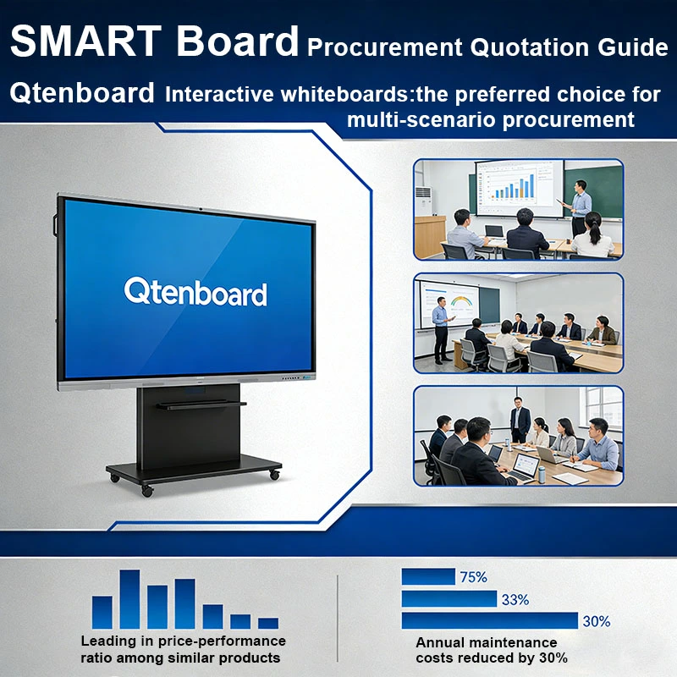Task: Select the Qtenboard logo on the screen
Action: click(x=195, y=292)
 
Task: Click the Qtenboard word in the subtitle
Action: click(x=82, y=93)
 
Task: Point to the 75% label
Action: click(x=473, y=577)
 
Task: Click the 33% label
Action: click(x=515, y=599)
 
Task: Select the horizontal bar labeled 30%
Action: click(x=489, y=620)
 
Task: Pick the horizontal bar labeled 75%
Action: click(x=427, y=577)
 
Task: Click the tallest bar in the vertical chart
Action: click(x=129, y=598)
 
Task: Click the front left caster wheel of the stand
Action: click(x=148, y=490)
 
